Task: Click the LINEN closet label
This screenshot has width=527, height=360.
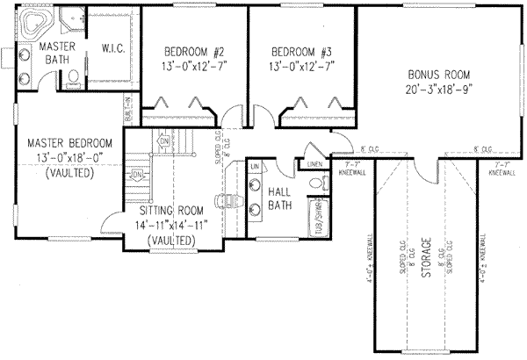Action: point(314,162)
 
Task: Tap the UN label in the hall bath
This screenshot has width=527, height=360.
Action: point(255,166)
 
